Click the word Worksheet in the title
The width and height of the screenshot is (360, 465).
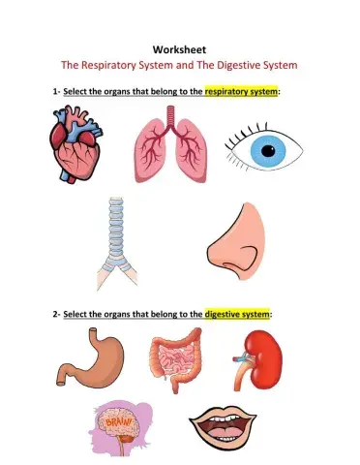[179, 49]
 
